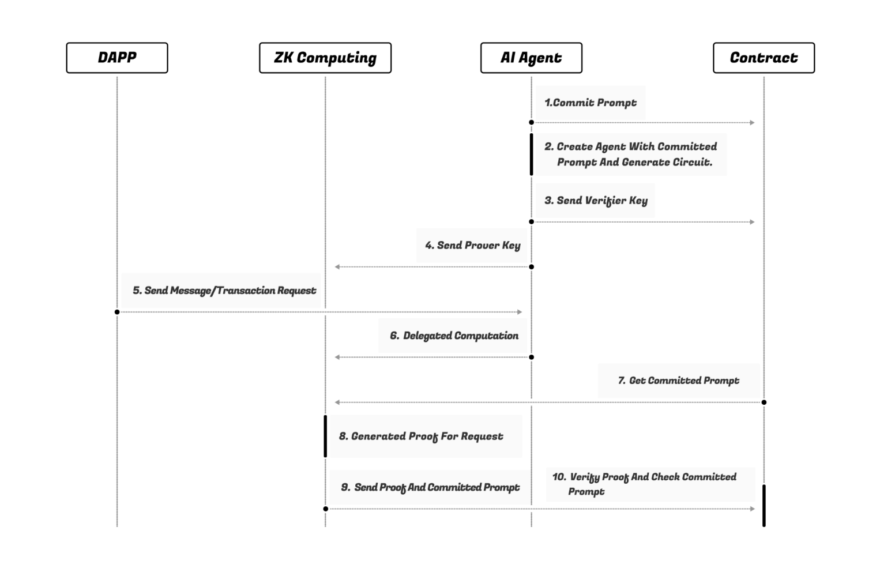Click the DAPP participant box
tap(117, 58)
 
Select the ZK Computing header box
tap(325, 58)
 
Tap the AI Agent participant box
tap(531, 58)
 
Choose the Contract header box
tap(764, 58)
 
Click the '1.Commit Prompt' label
tap(591, 103)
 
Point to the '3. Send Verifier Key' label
tap(596, 201)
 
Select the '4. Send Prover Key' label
tap(473, 246)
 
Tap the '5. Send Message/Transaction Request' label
tap(224, 291)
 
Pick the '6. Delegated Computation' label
tap(454, 336)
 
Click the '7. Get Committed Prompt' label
tap(678, 381)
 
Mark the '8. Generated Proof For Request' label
tap(421, 437)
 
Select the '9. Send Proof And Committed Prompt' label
tap(430, 487)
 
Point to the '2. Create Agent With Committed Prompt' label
tap(631, 155)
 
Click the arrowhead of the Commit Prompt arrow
tap(752, 123)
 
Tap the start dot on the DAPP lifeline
tap(117, 312)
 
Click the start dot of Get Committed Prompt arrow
tap(764, 402)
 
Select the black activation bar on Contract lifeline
tap(764, 505)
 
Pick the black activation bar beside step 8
tap(326, 437)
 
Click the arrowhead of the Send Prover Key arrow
tap(337, 267)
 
